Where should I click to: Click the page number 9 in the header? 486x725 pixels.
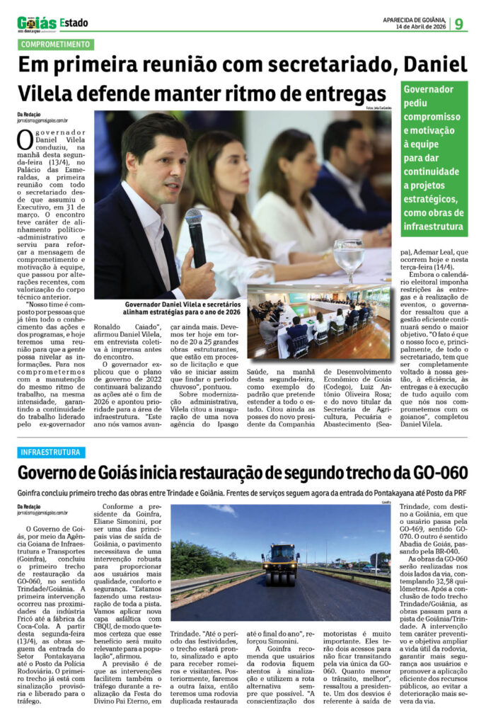click(459, 23)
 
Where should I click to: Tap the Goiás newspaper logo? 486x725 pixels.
click(35, 23)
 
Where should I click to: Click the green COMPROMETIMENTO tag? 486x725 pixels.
click(55, 45)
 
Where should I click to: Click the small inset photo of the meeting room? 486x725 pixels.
click(318, 322)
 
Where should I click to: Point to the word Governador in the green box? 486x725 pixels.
click(427, 90)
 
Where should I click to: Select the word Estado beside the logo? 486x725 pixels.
click(74, 23)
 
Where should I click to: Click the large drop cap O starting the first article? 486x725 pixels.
click(25, 139)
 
